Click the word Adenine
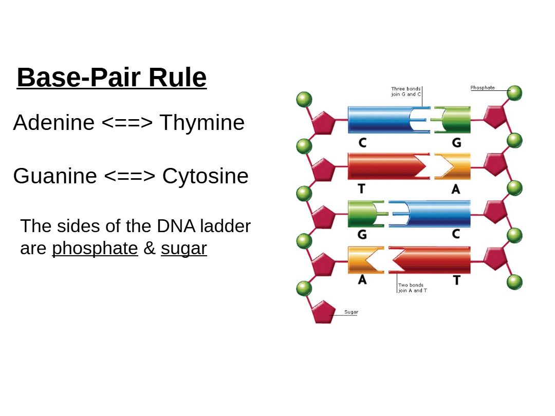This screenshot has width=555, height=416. click(53, 123)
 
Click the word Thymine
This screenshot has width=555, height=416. click(202, 123)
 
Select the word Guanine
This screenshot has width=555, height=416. click(54, 176)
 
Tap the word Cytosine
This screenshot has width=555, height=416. click(205, 176)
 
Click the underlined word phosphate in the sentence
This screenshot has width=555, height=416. click(95, 248)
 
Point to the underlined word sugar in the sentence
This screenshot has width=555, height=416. click(183, 248)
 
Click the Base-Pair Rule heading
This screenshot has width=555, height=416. click(112, 78)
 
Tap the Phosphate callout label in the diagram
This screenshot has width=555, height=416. click(483, 88)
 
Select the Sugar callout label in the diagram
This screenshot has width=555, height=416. click(351, 312)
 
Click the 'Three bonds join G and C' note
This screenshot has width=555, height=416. click(406, 91)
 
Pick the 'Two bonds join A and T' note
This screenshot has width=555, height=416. click(412, 288)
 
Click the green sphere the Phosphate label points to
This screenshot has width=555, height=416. click(514, 93)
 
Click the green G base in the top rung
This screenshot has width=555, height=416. click(455, 120)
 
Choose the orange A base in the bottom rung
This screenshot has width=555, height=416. click(362, 260)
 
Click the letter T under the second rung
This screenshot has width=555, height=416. click(362, 188)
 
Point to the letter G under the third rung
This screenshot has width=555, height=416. click(362, 235)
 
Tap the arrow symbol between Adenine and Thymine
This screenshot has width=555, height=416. click(127, 123)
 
